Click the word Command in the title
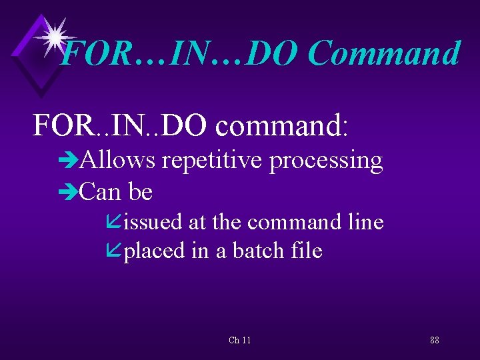pos(384,54)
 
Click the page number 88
pos(434,340)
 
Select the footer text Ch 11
pos(239,340)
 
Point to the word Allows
pos(117,161)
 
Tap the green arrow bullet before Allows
pos(68,161)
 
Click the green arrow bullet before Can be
pos(68,193)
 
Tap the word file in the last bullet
pos(307,251)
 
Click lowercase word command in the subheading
pos(278,125)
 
